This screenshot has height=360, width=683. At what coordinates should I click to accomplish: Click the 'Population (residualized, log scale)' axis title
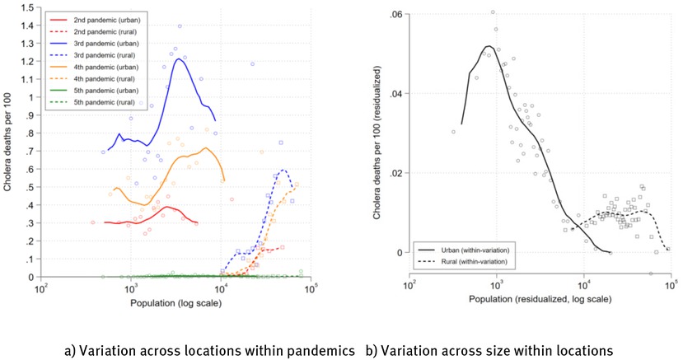(x=539, y=298)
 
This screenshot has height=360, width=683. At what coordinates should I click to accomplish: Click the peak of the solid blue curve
(x=178, y=59)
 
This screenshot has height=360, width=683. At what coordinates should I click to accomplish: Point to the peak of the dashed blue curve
(x=283, y=170)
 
